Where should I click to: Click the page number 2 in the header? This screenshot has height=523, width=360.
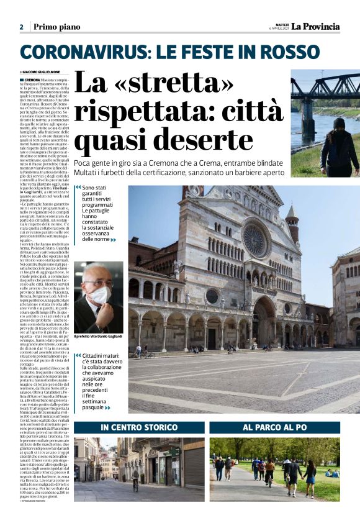click(x=21, y=27)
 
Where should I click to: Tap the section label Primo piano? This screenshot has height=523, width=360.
click(x=58, y=27)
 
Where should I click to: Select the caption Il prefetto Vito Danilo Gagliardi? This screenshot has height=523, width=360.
click(x=98, y=336)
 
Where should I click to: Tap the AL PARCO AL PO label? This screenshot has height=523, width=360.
click(x=274, y=427)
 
